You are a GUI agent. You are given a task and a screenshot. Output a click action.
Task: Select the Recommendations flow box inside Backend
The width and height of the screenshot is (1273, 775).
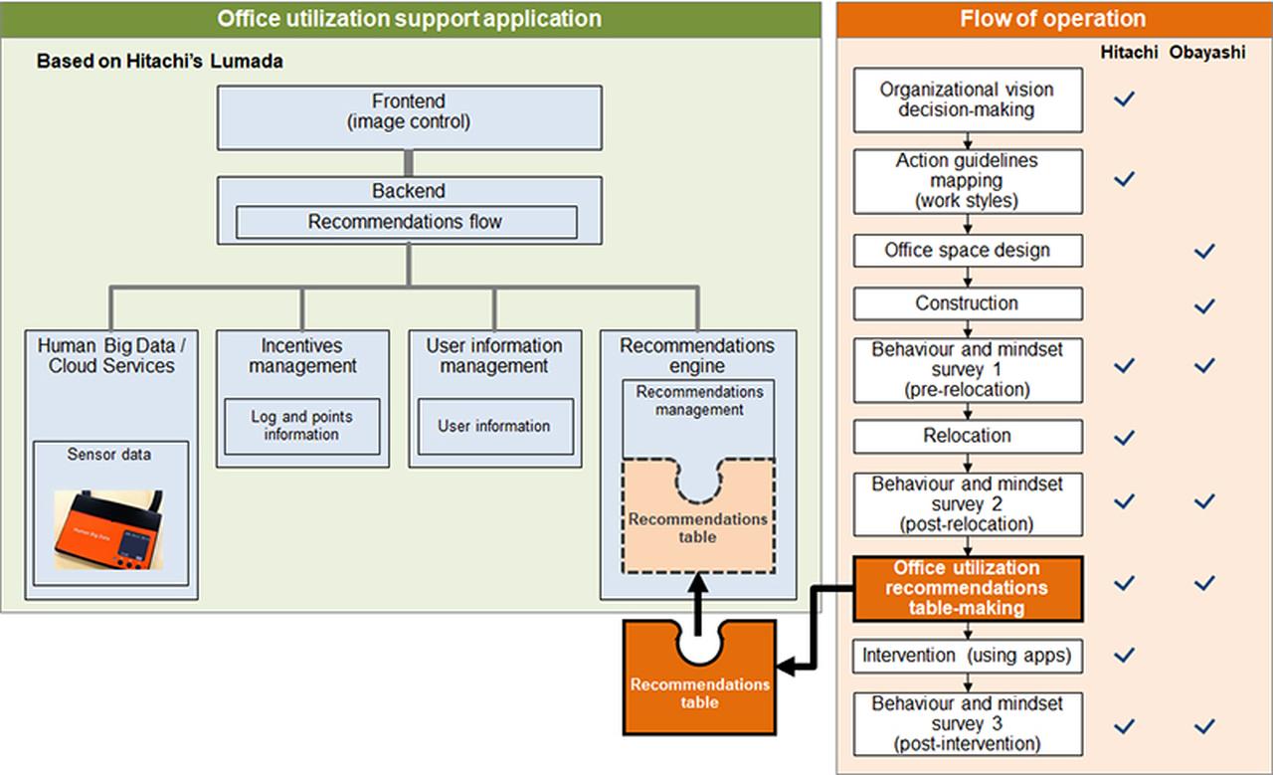click(x=406, y=222)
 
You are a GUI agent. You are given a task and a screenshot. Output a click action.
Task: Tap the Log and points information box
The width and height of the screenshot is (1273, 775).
click(x=301, y=426)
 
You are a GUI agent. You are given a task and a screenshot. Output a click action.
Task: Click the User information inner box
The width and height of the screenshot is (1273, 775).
click(x=494, y=426)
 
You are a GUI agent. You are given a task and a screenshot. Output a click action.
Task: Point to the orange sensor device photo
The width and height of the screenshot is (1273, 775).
click(x=109, y=530)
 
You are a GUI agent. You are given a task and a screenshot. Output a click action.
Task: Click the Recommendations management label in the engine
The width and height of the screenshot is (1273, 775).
click(x=699, y=401)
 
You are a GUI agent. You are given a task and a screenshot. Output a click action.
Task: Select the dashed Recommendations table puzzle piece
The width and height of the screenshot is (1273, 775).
click(x=698, y=527)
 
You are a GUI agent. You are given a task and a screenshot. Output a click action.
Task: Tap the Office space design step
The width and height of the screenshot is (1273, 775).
click(x=967, y=251)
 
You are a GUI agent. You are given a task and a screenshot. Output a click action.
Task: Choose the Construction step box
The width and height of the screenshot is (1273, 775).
click(x=967, y=303)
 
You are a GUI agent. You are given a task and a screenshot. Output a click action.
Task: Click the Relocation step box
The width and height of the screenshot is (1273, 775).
click(x=967, y=436)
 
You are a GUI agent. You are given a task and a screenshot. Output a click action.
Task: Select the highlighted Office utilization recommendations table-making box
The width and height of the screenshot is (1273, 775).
click(x=967, y=587)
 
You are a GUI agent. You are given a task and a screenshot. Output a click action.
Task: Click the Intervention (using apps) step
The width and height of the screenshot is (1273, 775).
click(x=967, y=656)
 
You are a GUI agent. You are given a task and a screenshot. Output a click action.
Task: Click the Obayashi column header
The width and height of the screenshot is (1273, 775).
click(x=1206, y=54)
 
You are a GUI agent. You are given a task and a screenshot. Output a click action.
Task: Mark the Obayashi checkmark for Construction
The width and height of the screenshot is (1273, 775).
click(x=1204, y=304)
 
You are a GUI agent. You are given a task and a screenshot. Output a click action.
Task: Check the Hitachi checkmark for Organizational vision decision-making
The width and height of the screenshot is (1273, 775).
click(x=1125, y=99)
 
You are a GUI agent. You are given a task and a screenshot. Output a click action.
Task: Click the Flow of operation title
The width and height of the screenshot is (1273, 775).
click(x=1052, y=19)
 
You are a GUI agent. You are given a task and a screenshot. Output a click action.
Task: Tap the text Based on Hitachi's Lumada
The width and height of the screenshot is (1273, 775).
click(x=159, y=62)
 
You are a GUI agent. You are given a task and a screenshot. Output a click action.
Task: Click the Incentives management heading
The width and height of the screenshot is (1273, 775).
click(x=302, y=356)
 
